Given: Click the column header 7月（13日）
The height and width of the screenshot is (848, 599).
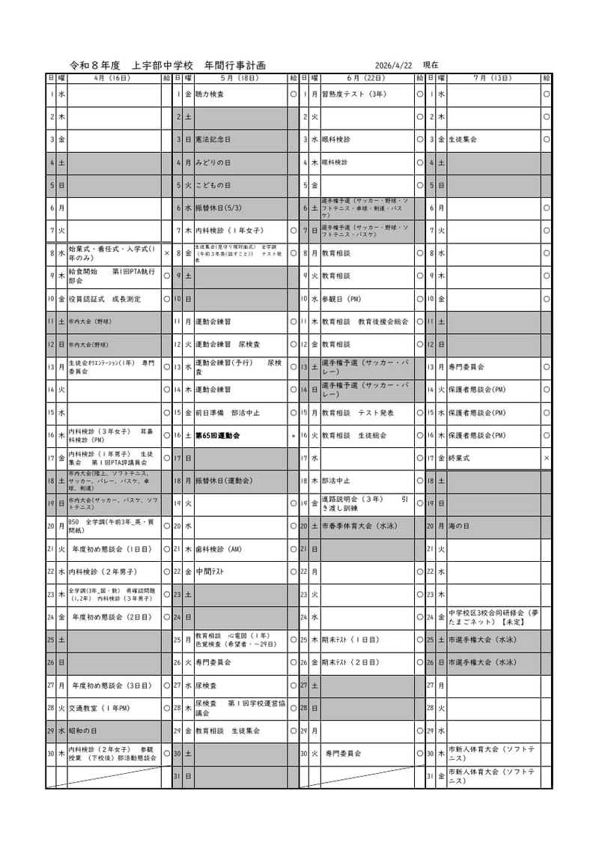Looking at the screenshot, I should (493, 78).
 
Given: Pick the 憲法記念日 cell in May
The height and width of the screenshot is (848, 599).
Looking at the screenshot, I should (213, 140).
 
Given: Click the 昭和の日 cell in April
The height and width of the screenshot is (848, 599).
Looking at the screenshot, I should (84, 731).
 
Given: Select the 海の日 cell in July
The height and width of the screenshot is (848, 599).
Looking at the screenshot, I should (461, 527).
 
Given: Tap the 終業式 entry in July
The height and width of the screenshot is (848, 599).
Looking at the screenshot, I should (459, 458).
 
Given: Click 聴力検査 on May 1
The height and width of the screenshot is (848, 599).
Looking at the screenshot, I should (209, 95).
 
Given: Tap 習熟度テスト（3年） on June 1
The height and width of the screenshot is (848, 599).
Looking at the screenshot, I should (353, 95).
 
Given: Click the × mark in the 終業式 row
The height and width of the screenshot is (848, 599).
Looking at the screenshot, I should (547, 458).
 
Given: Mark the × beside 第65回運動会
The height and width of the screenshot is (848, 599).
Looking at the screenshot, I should (293, 435).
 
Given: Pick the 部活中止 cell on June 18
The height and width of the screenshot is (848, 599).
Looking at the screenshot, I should (335, 481).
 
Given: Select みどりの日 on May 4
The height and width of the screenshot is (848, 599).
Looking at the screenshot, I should (213, 163).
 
